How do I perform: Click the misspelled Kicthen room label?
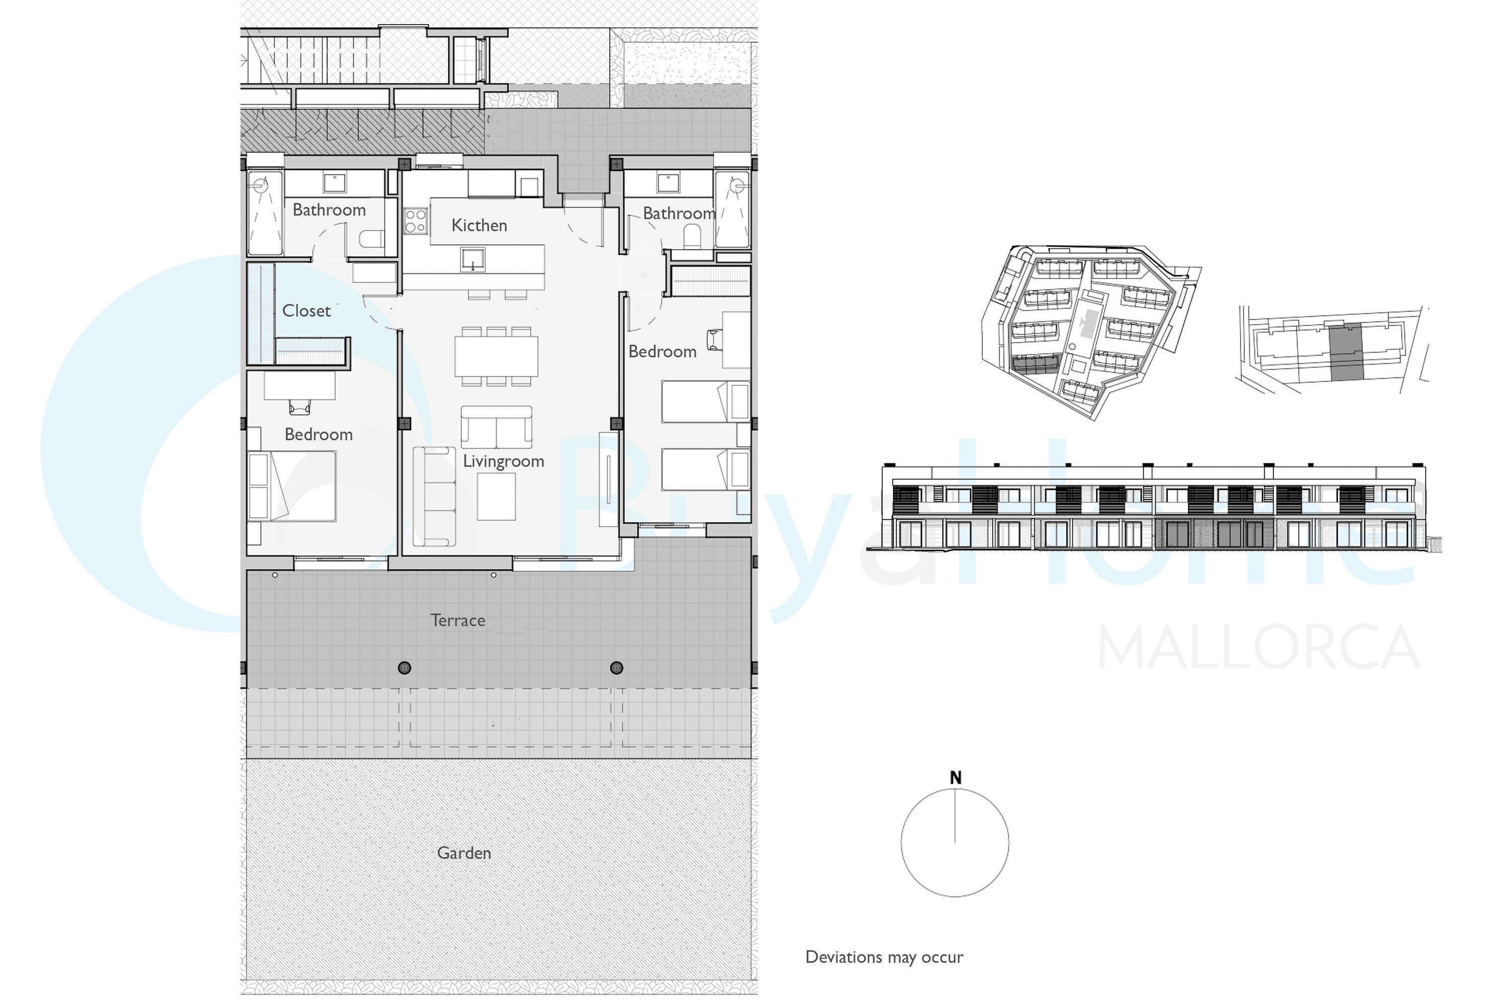[479, 226]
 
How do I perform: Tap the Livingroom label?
[503, 461]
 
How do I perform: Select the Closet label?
[307, 311]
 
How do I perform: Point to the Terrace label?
[458, 621]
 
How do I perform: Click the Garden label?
[464, 853]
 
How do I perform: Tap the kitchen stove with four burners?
[416, 221]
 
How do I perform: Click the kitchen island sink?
[473, 260]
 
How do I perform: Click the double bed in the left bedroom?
[293, 486]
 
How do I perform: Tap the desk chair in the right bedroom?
[714, 340]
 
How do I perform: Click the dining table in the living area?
[496, 356]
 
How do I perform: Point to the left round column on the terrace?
[405, 668]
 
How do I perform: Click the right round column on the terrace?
[617, 668]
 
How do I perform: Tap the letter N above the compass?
[956, 777]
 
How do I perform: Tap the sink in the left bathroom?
[335, 183]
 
